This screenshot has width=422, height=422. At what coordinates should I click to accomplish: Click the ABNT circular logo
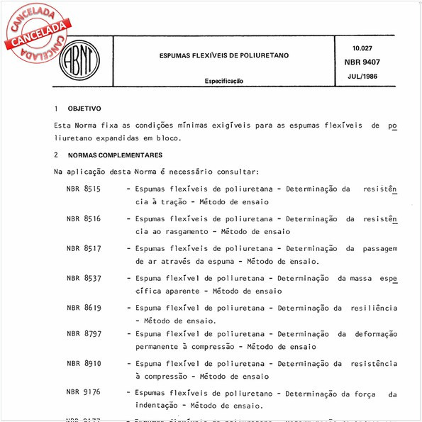coord(79,59)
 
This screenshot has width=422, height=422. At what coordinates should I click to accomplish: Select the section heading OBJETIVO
coord(84,109)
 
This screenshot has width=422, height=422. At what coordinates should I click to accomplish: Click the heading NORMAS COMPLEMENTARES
coord(115,155)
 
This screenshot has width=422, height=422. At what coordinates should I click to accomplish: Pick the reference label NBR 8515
coord(84,189)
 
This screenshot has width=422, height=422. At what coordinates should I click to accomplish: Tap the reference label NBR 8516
coord(84,219)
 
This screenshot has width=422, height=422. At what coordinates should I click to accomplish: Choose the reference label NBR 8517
coord(84,249)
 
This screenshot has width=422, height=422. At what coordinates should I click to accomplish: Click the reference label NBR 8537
coord(84,278)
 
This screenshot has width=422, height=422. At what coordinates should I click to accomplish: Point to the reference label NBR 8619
coord(84,308)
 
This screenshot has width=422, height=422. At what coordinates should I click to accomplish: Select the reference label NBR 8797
coord(84,333)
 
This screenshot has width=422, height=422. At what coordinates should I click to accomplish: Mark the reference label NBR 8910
coord(84,363)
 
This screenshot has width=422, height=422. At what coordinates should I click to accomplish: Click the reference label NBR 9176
coord(84,392)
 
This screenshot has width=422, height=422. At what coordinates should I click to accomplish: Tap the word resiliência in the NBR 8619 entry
coord(372,308)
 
